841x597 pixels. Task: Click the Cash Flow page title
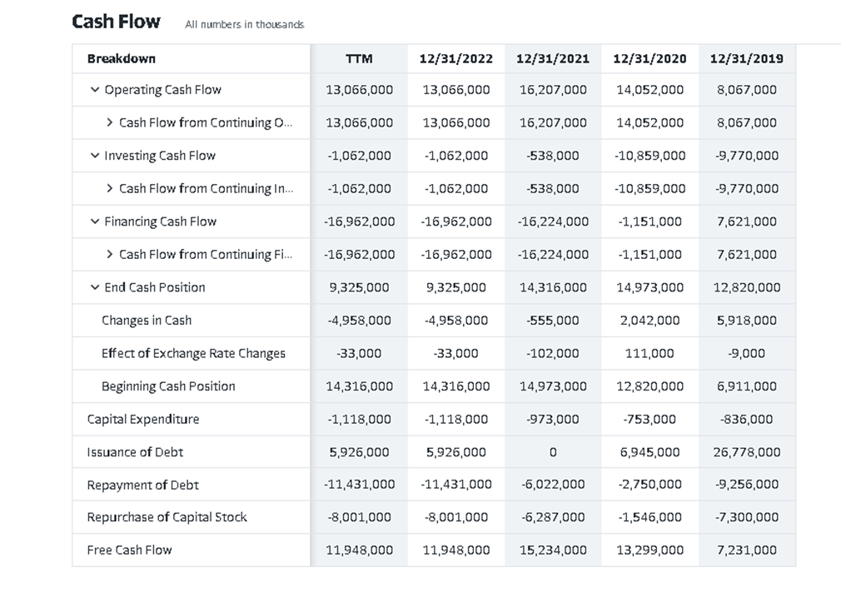click(x=116, y=22)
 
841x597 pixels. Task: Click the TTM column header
click(x=359, y=58)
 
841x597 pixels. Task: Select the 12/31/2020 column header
click(x=649, y=58)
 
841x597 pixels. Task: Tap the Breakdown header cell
click(x=122, y=58)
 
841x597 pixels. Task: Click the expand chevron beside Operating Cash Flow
click(x=94, y=90)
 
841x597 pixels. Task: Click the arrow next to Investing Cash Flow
click(x=94, y=156)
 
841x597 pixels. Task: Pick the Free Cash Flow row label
click(x=129, y=550)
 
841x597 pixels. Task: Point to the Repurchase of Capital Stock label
click(x=167, y=517)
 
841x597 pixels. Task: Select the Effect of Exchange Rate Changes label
click(x=193, y=353)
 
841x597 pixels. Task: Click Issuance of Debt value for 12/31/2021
click(x=553, y=452)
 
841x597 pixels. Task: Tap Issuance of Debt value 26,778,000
click(x=747, y=452)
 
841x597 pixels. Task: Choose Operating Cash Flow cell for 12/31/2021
click(x=553, y=90)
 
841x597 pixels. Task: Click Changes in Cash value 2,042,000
click(x=649, y=321)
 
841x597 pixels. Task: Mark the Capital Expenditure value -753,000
click(x=649, y=419)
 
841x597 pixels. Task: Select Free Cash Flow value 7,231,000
click(x=747, y=550)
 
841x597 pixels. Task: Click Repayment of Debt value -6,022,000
click(x=553, y=485)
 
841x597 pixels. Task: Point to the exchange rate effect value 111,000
click(x=649, y=353)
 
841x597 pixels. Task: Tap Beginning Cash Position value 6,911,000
click(x=747, y=386)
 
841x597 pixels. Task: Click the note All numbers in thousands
click(x=244, y=25)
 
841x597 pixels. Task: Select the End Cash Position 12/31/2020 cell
click(x=649, y=287)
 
